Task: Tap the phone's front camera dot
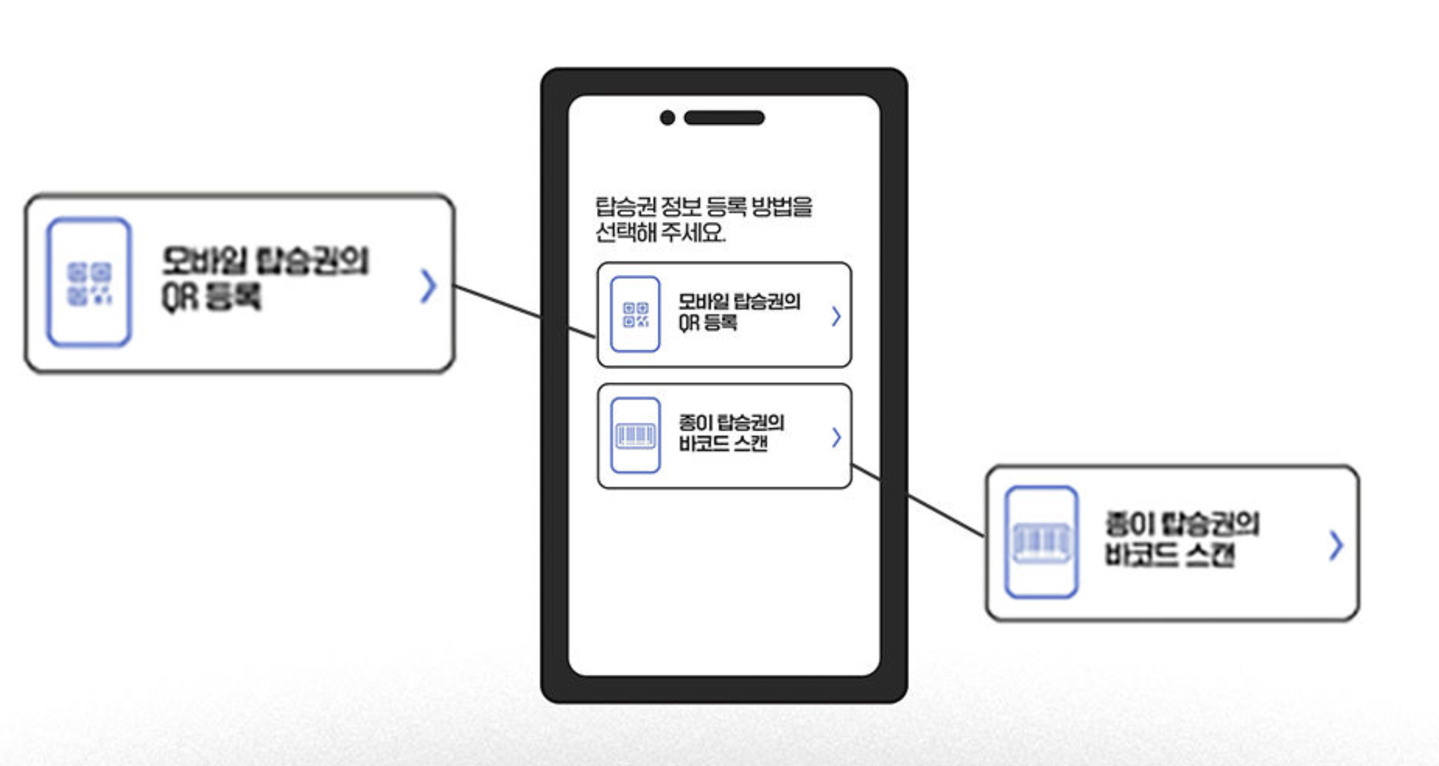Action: (668, 118)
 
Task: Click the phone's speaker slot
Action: (724, 118)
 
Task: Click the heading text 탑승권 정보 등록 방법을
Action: (704, 207)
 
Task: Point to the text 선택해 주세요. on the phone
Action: (661, 233)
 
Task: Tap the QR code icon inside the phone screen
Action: (635, 314)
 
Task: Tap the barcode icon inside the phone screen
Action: (635, 435)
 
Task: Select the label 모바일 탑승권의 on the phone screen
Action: (739, 302)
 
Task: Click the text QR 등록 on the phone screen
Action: (708, 323)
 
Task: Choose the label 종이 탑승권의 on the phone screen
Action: (731, 423)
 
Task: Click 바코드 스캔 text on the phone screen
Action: (723, 443)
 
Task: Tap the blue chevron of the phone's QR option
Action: (836, 317)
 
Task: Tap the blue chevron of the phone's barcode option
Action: (836, 437)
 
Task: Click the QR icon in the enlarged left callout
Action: (89, 283)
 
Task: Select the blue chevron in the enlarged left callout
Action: (429, 286)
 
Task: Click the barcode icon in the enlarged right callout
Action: (1041, 543)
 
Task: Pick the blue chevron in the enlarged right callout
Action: (1336, 546)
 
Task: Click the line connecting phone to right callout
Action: (941, 513)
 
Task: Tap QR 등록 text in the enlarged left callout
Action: (212, 297)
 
